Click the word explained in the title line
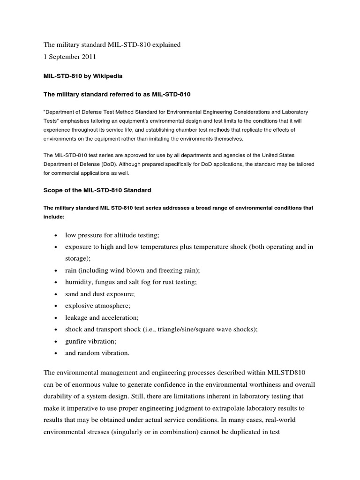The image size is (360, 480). coord(164,45)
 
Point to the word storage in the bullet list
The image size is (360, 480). coord(76,258)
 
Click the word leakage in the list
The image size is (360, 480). coord(76,318)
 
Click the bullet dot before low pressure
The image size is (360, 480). coord(56,235)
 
